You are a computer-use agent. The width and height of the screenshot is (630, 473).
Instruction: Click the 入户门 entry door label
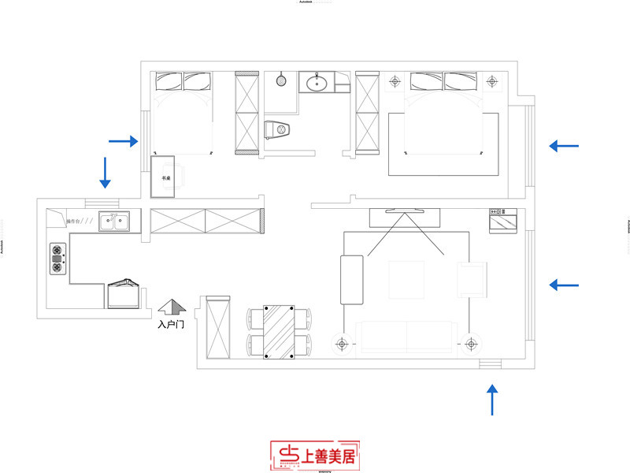171,324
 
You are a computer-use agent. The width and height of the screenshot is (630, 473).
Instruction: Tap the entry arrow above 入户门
171,307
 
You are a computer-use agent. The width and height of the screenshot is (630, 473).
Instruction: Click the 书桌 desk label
166,179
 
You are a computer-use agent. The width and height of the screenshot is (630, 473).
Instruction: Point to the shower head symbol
281,79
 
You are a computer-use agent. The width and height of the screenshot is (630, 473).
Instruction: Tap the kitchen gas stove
58,257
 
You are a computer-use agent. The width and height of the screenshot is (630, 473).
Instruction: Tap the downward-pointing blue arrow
104,172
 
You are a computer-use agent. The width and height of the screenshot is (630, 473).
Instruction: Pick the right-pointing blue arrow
124,141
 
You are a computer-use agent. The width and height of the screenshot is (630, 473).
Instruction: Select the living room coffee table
407,279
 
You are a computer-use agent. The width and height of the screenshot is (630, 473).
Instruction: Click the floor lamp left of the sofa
342,344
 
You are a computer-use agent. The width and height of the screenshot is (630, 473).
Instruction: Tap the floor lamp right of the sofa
471,344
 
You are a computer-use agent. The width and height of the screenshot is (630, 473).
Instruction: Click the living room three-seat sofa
405,337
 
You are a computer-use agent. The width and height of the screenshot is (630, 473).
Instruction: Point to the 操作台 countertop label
76,222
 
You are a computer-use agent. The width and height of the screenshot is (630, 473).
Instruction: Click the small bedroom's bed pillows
183,80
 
